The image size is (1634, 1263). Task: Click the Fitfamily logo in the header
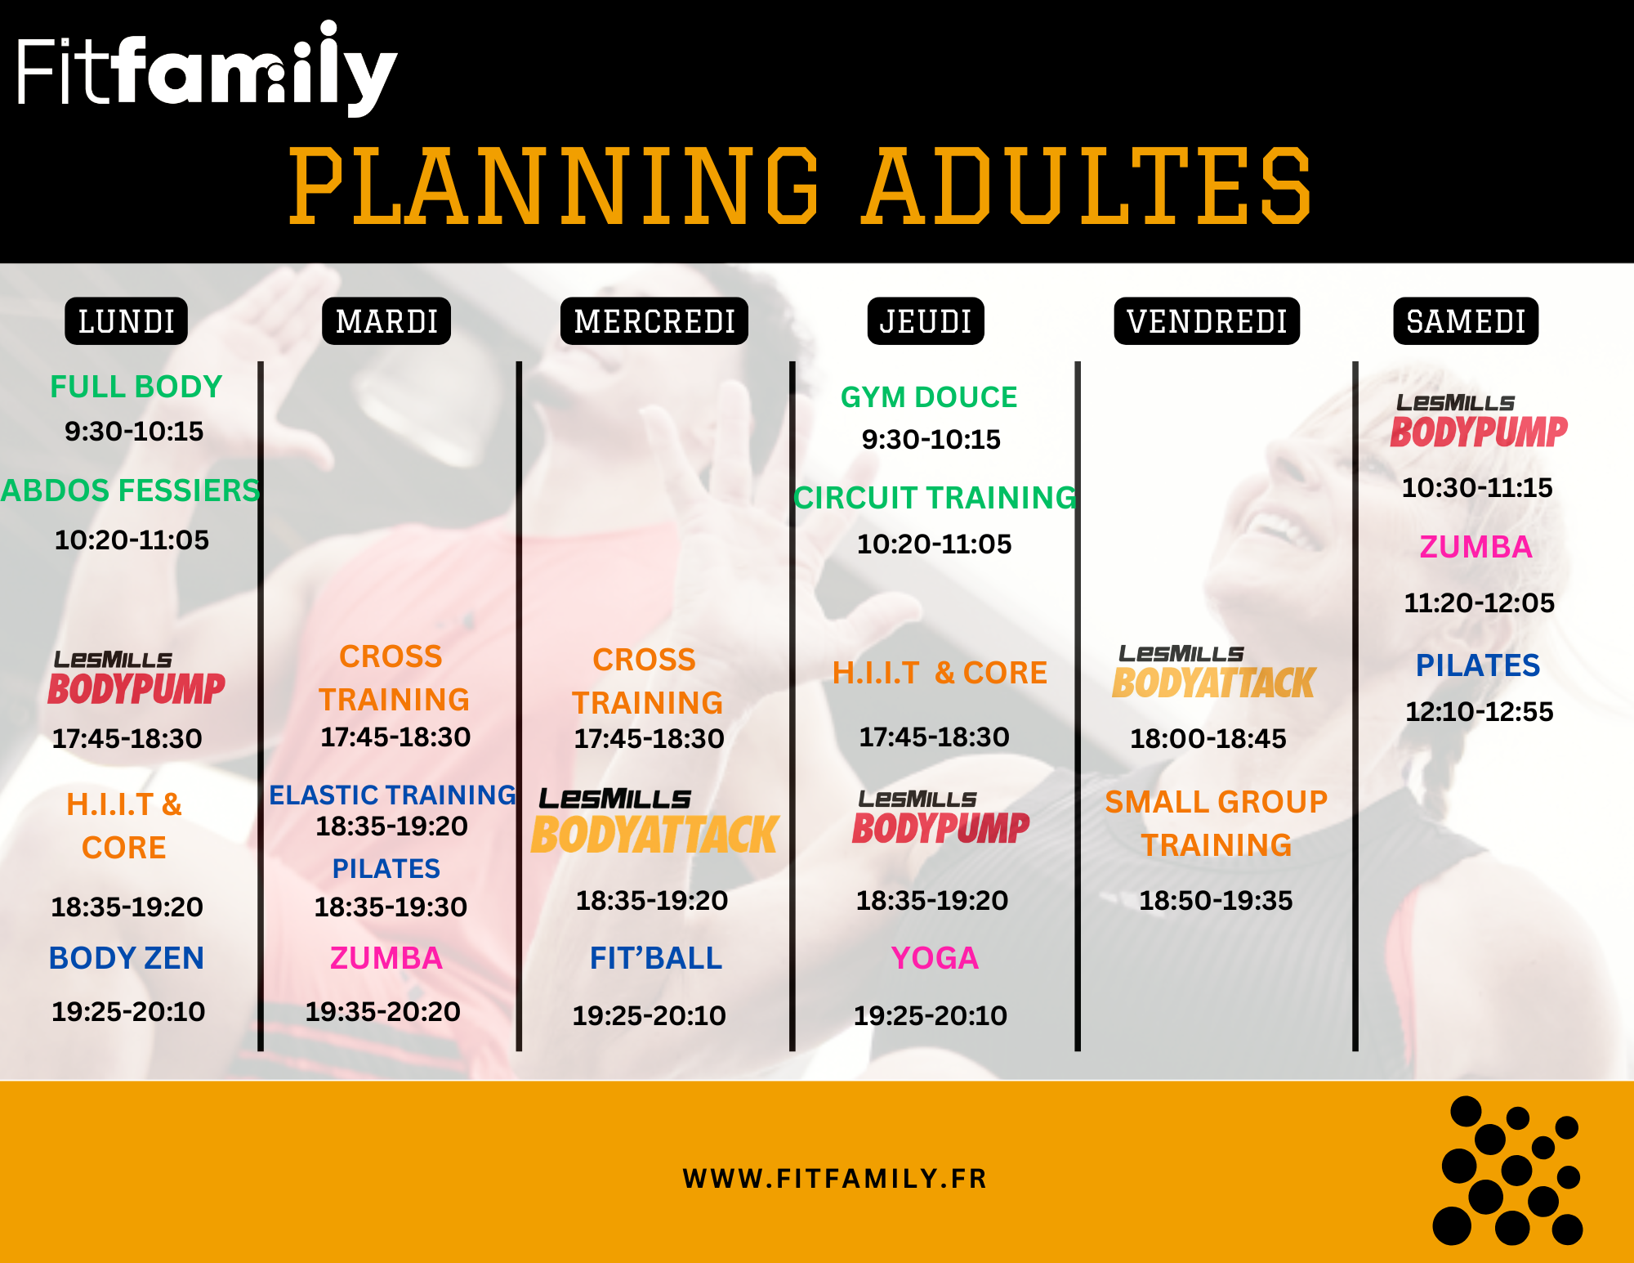(x=208, y=70)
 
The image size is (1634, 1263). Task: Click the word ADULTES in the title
(x=1087, y=186)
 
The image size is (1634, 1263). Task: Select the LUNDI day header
(x=127, y=321)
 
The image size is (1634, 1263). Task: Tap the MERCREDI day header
(x=654, y=321)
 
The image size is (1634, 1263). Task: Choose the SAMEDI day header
(x=1466, y=321)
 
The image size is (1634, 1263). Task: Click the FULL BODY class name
(x=136, y=387)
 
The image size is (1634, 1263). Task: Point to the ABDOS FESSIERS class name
(x=131, y=490)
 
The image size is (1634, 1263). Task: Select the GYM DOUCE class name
(x=929, y=397)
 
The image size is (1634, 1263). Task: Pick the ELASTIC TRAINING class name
(x=393, y=795)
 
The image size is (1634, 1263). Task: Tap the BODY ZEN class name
(x=127, y=958)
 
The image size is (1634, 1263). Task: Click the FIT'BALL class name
(x=656, y=958)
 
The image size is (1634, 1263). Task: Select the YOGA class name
(x=935, y=958)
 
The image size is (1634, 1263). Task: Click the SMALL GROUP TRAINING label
(x=1217, y=823)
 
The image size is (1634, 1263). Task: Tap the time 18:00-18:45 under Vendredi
(x=1208, y=739)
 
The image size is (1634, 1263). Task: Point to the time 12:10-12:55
(x=1480, y=711)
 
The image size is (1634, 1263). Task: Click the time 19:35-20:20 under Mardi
(x=383, y=1012)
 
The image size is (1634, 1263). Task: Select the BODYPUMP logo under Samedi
(x=1479, y=422)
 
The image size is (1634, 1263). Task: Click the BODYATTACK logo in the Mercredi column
(x=655, y=822)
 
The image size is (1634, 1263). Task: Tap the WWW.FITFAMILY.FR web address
(x=835, y=1179)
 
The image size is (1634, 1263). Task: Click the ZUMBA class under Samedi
(x=1476, y=547)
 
